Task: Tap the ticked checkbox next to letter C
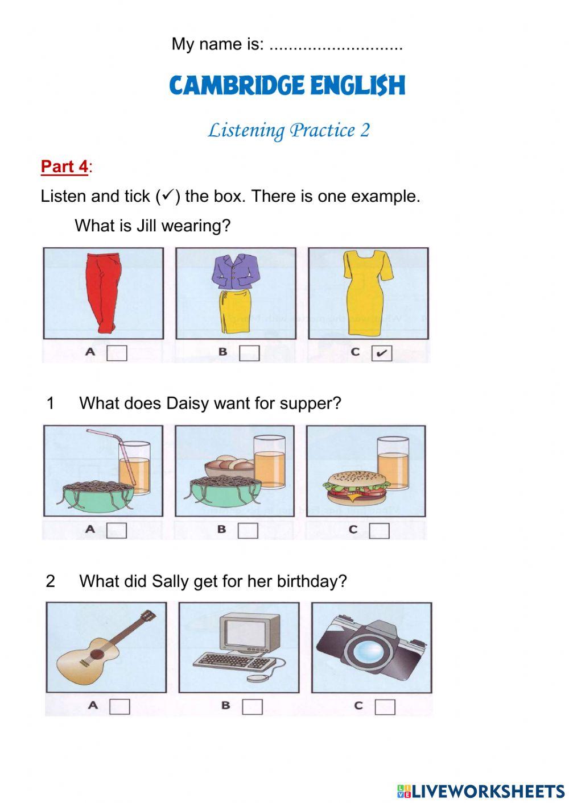pos(381,353)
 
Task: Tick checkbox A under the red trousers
pos(117,353)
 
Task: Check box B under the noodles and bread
pos(248,530)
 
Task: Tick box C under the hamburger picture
pos(380,530)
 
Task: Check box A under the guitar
pos(119,706)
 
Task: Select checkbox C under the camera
pos(385,706)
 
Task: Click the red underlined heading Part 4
pos(64,167)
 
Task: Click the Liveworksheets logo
pos(481,790)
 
